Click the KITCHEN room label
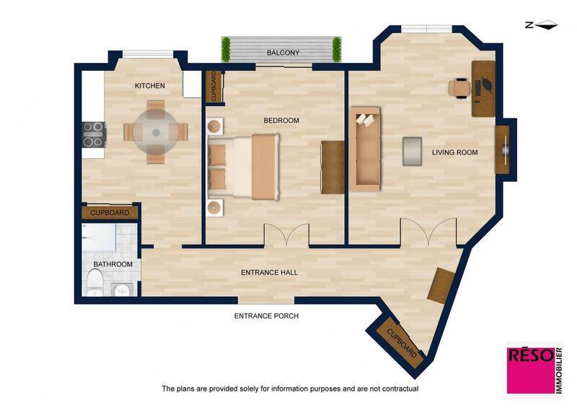pyautogui.click(x=150, y=86)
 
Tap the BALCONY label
pyautogui.click(x=283, y=53)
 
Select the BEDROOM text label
pyautogui.click(x=281, y=121)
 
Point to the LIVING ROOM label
pyautogui.click(x=454, y=152)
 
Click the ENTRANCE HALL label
pyautogui.click(x=268, y=272)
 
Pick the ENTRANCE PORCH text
pyautogui.click(x=266, y=316)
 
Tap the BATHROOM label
pyautogui.click(x=113, y=264)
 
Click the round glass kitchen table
pyautogui.click(x=156, y=131)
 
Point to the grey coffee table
pyautogui.click(x=413, y=150)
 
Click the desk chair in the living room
pyautogui.click(x=459, y=87)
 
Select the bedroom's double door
pyautogui.click(x=287, y=235)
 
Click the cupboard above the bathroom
pyautogui.click(x=110, y=212)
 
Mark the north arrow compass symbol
pyautogui.click(x=541, y=25)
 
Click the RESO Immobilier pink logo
pyautogui.click(x=534, y=368)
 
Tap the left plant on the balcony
pyautogui.click(x=226, y=50)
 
